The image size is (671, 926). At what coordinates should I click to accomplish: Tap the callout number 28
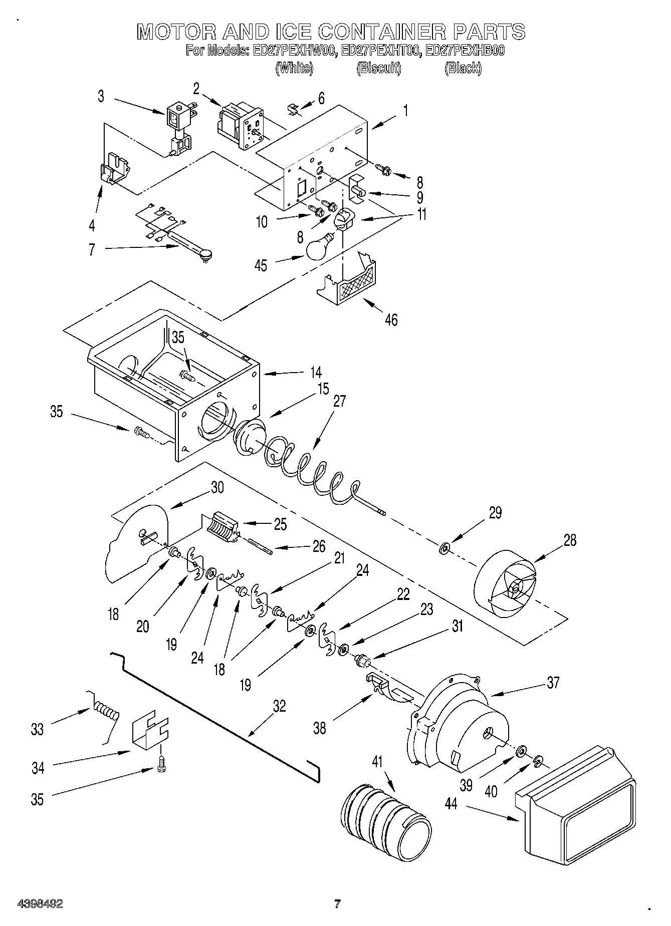coord(570,540)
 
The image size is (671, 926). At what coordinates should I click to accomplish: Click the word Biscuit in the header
coord(379,68)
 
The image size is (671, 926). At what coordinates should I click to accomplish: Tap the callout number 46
coord(391,319)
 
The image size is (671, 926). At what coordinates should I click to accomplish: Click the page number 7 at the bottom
coord(337,904)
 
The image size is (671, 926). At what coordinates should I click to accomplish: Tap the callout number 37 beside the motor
coord(553,683)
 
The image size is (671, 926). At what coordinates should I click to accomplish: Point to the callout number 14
coord(315,373)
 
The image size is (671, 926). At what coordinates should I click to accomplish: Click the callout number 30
coord(217,487)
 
